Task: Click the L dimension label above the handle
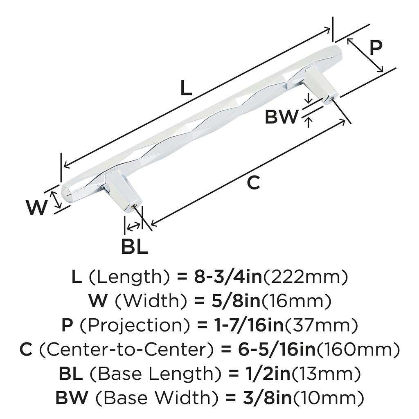[x=186, y=88]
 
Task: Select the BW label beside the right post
[x=282, y=117]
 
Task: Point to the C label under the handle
[x=254, y=183]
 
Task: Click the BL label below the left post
[x=134, y=247]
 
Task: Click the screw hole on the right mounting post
[x=331, y=98]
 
